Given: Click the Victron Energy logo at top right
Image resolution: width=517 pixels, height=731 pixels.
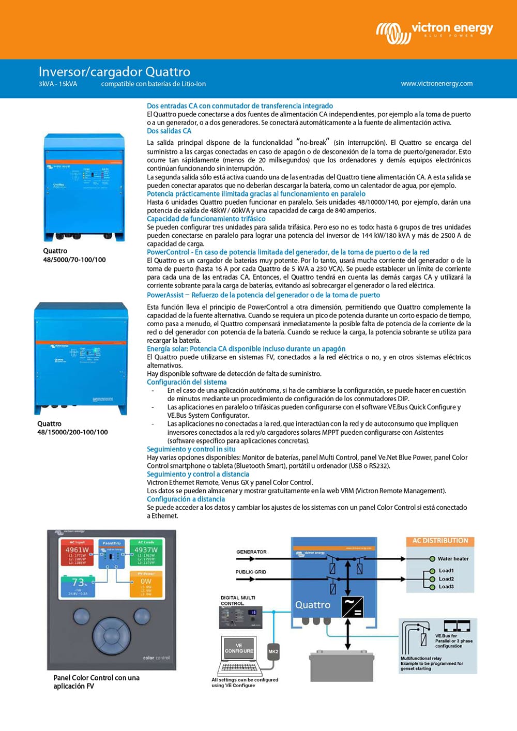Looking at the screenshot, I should tap(434, 31).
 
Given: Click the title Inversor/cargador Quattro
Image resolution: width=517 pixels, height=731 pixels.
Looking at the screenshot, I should tap(114, 71).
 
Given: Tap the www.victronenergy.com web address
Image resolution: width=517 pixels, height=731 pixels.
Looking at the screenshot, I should tap(436, 83).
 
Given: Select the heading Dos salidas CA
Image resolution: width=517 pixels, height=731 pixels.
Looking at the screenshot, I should tap(169, 131).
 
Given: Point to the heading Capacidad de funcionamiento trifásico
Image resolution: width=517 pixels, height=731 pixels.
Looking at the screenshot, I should tap(206, 219).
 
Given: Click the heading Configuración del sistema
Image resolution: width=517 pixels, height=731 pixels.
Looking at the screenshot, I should tap(187, 382).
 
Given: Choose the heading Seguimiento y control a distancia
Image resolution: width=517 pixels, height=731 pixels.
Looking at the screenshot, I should tap(198, 474).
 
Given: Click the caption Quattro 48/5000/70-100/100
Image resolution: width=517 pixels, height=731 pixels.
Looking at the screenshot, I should tap(74, 255).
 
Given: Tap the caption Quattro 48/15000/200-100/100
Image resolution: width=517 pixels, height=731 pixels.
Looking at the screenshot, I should tap(72, 428).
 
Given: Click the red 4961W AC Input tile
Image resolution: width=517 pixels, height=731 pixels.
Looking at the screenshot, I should tap(77, 552).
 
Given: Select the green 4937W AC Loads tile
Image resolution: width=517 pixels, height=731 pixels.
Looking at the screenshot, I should tap(146, 552).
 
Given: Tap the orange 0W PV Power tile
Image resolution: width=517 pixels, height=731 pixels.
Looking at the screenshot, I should tap(146, 584).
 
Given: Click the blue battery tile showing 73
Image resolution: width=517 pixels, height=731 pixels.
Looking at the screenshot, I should tap(78, 586).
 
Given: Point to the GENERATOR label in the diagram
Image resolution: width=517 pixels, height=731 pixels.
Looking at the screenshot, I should tap(251, 552).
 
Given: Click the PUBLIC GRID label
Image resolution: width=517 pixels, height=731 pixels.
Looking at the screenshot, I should tap(251, 572).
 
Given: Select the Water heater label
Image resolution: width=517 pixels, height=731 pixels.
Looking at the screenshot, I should tap(453, 558).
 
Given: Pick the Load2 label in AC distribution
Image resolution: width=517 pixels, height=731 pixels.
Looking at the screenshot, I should tap(446, 579).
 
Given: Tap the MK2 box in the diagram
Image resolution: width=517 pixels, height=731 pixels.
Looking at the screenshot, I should tap(273, 651).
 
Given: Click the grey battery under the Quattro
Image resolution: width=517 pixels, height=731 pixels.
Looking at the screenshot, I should tap(341, 666).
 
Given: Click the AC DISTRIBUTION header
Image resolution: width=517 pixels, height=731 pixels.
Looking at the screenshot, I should tap(440, 541).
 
